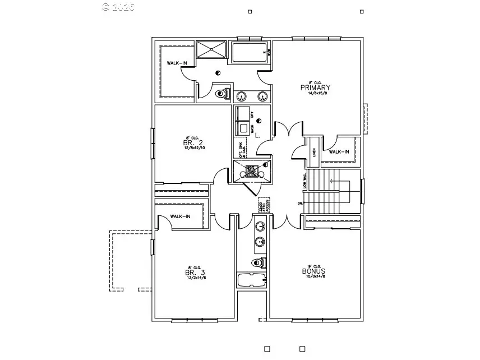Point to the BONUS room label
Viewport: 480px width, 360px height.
click(x=314, y=271)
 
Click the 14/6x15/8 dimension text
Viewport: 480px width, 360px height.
click(x=317, y=94)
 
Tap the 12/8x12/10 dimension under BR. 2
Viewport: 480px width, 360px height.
click(x=192, y=149)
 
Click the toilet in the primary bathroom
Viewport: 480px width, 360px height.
click(x=223, y=93)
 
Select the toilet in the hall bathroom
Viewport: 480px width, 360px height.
click(x=259, y=262)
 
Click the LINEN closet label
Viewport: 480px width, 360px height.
click(x=314, y=154)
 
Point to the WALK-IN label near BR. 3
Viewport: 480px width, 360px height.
click(x=180, y=216)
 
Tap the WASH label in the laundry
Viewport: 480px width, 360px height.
click(x=253, y=128)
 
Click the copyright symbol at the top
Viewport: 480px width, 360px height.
click(x=106, y=7)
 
